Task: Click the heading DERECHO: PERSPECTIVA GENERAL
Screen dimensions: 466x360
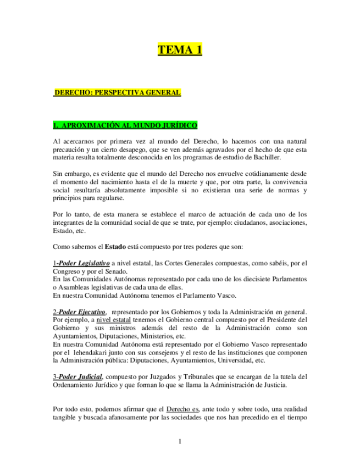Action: (x=117, y=93)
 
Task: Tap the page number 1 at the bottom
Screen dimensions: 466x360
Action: (x=180, y=441)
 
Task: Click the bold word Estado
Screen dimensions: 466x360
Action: (x=115, y=247)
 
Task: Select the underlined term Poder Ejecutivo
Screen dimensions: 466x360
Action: (x=81, y=312)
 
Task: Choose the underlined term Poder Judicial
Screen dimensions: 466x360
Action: (x=79, y=376)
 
